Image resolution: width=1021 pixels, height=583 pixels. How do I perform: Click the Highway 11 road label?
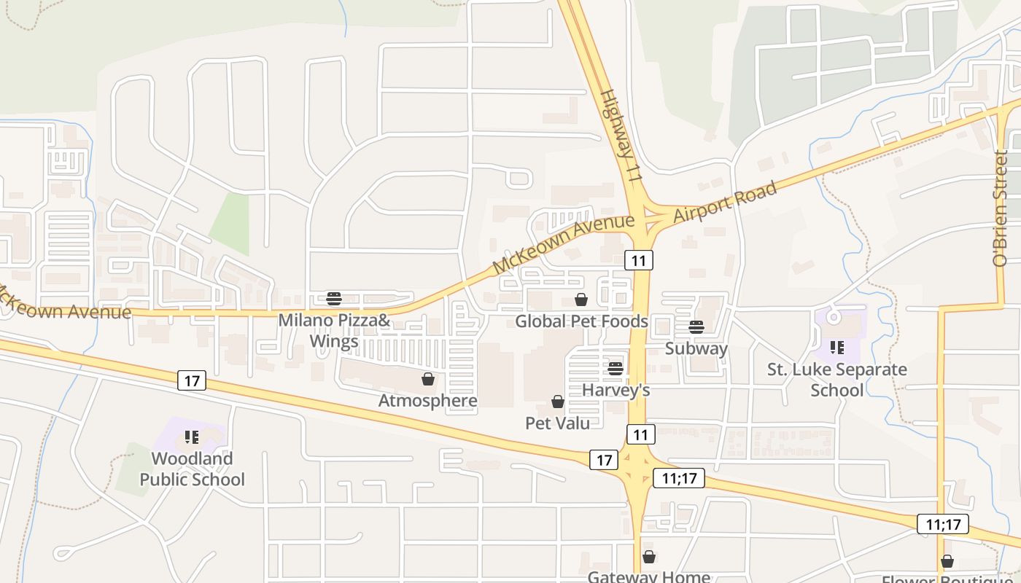pos(621,136)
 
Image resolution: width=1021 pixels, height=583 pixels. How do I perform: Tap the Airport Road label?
pos(724,203)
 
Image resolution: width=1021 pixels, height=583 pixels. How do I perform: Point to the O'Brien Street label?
pos(1001,208)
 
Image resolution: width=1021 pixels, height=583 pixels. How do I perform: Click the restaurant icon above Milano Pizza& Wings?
pos(334,298)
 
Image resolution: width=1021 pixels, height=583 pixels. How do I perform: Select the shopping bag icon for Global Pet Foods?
pos(581,300)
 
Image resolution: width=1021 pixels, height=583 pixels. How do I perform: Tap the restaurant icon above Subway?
pos(696,326)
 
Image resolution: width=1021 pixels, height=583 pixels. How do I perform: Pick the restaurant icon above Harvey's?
pos(616,369)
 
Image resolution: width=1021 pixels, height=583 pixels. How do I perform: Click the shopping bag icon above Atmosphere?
pos(428,379)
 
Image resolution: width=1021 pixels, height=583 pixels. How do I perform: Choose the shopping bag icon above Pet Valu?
pos(558,402)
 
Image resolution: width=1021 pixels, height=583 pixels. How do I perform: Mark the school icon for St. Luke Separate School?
pos(836,348)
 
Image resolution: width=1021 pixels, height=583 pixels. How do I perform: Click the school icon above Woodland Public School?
pos(192,437)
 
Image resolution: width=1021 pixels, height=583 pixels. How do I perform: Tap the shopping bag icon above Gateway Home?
pos(649,557)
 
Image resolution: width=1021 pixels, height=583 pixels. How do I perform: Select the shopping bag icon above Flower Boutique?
pos(947,560)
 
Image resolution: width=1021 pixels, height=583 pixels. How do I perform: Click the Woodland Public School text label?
pos(193,469)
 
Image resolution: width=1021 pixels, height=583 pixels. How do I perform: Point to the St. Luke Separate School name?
pos(837,380)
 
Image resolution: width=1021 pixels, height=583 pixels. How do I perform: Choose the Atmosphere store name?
pos(428,401)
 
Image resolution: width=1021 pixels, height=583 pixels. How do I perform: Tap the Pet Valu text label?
pos(558,423)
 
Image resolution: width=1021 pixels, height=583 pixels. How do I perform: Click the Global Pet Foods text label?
pos(581,321)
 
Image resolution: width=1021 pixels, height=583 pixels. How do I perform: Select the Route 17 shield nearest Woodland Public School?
pos(192,380)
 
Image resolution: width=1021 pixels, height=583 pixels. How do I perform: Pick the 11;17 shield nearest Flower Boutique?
pos(943,523)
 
